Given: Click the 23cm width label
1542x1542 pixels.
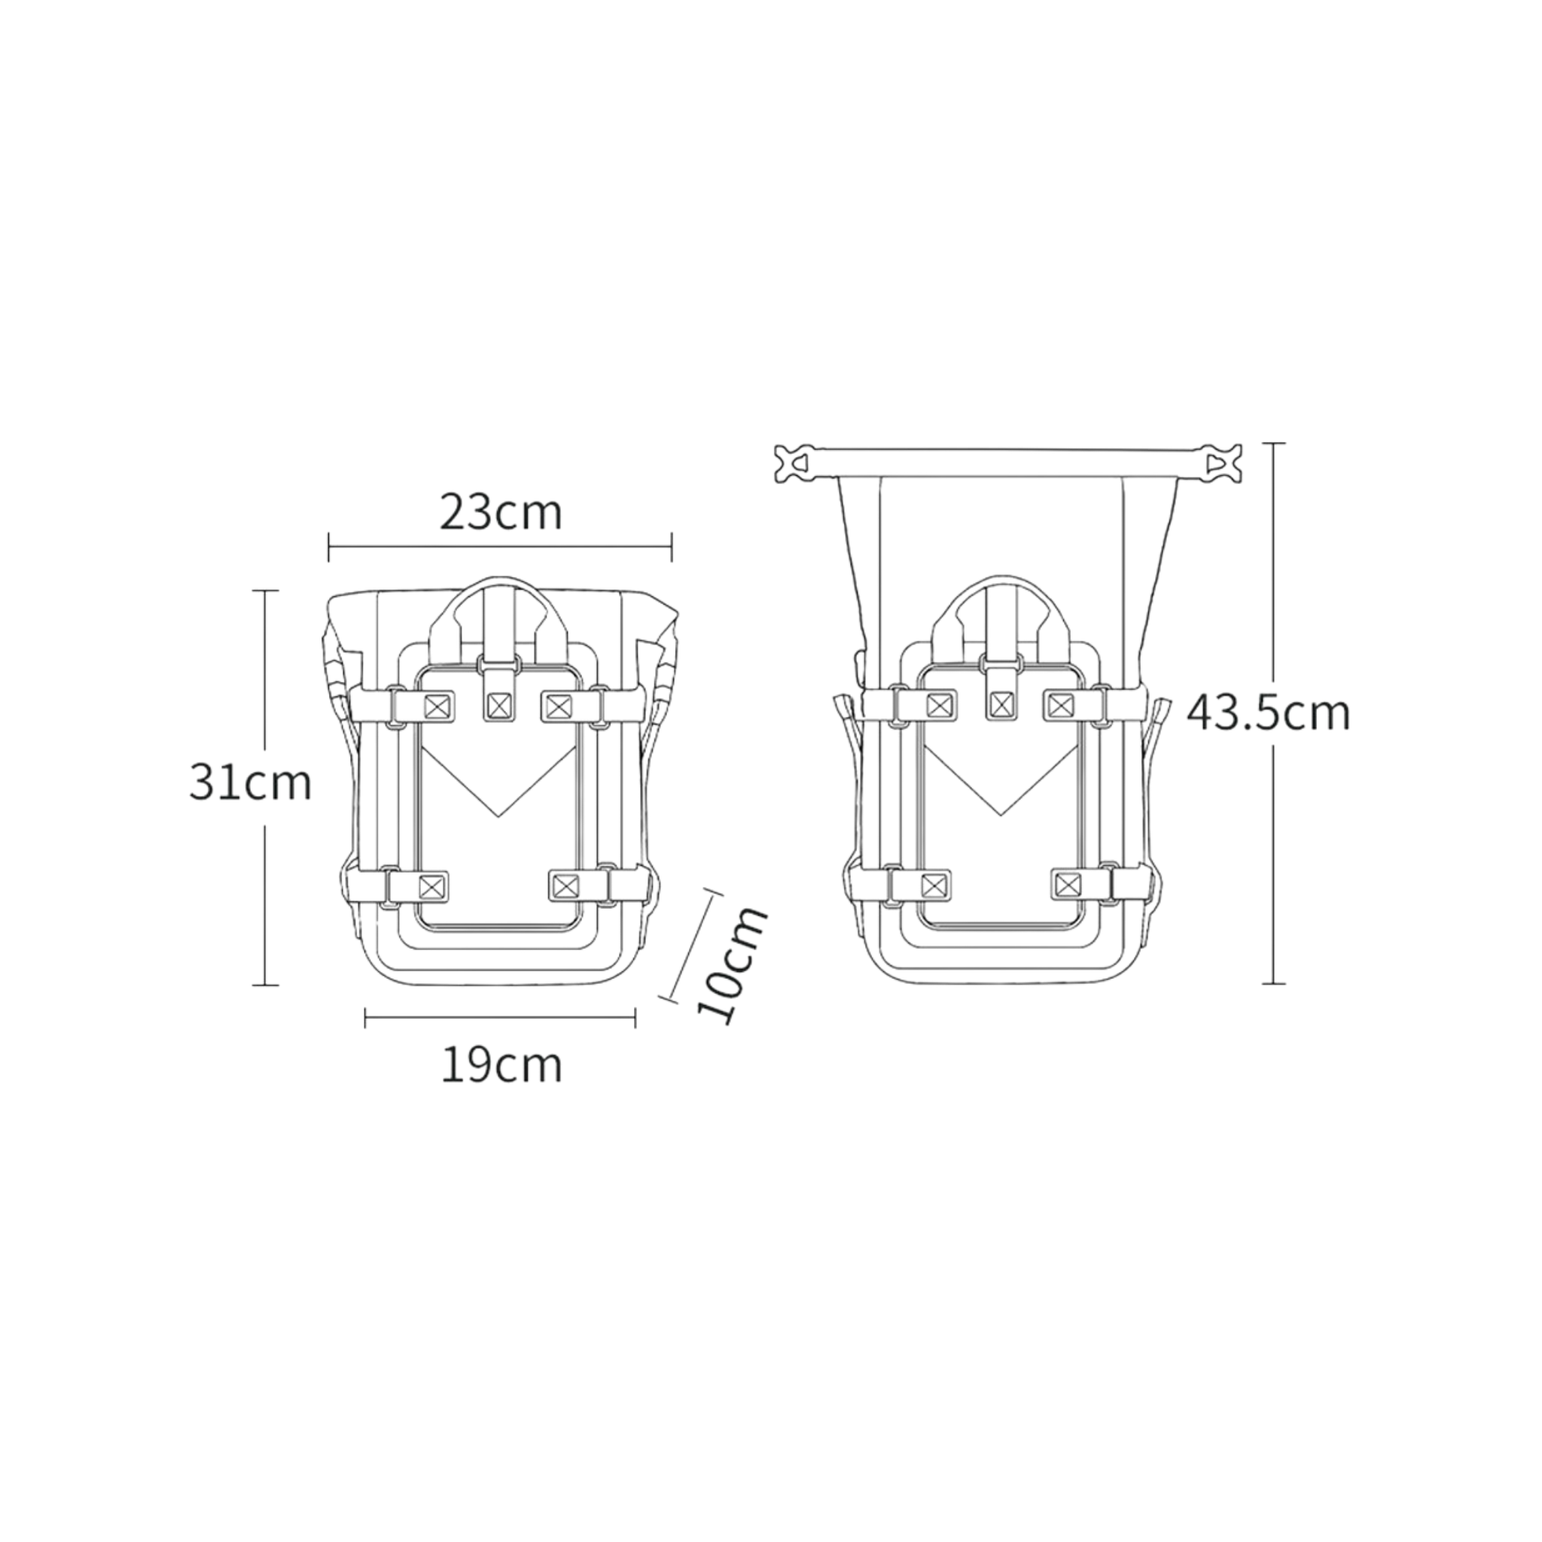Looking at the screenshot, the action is pyautogui.click(x=501, y=513).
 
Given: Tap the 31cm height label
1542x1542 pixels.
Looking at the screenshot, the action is pyautogui.click(x=250, y=783).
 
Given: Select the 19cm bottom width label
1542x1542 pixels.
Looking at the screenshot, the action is pyautogui.click(x=501, y=1065).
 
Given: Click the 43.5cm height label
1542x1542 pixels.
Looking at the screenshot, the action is pyautogui.click(x=1267, y=713).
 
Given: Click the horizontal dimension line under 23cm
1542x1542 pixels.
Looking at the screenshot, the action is pyautogui.click(x=501, y=547).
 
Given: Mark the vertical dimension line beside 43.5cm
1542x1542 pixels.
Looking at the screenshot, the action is pyautogui.click(x=1273, y=713).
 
